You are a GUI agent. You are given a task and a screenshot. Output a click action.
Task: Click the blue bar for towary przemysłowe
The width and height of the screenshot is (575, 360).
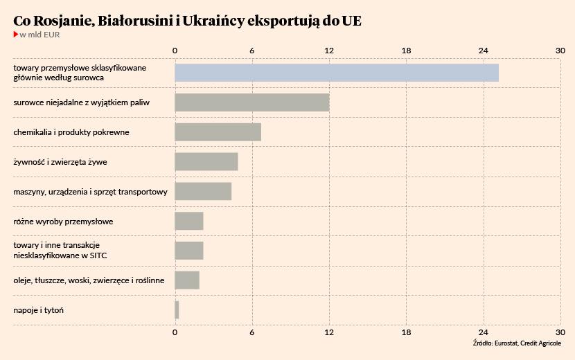[x=336, y=73]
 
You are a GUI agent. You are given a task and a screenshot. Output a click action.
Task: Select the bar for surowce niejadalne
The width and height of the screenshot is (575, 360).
[x=251, y=102]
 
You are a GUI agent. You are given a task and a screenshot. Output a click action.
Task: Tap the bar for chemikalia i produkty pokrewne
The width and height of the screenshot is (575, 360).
[x=218, y=132]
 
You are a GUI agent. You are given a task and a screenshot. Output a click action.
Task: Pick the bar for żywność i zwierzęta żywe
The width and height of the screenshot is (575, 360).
[x=206, y=161]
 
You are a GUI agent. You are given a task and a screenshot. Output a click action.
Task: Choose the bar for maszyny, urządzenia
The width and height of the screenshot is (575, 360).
[x=203, y=191]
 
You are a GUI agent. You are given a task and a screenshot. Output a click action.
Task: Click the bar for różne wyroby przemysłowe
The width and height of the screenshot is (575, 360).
[x=188, y=221]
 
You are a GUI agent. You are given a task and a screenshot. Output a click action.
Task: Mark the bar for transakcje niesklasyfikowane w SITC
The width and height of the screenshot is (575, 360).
[x=188, y=251]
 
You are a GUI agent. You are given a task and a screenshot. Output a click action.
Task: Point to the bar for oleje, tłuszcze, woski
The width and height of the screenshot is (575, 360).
[x=187, y=280]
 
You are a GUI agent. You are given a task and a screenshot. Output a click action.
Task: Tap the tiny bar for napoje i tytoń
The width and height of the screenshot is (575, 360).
[x=177, y=310]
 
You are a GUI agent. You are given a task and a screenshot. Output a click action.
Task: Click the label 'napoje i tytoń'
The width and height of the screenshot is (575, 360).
[x=38, y=310]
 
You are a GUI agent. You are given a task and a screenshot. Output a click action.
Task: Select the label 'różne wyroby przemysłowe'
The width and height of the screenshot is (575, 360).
[x=63, y=222]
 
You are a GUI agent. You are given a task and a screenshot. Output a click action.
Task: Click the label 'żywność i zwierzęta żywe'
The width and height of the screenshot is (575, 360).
[x=60, y=162]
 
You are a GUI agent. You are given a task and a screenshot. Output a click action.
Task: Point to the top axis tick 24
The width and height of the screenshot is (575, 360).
[x=484, y=51]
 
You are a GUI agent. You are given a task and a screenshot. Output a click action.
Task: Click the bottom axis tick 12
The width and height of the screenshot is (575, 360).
[x=329, y=332]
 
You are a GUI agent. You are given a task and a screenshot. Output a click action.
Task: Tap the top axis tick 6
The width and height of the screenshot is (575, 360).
[x=252, y=51]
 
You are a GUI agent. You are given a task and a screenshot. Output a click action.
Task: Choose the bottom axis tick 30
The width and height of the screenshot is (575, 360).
[x=560, y=332]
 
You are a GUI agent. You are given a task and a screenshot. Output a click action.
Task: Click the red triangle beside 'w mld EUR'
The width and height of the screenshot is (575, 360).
[x=16, y=35]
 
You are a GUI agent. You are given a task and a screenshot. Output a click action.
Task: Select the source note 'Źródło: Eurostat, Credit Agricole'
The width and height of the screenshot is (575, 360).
[x=517, y=343]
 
